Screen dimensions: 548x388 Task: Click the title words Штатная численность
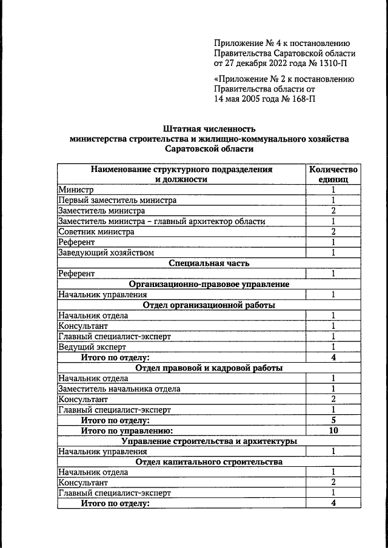tap(209, 128)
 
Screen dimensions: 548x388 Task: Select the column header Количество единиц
tap(333, 174)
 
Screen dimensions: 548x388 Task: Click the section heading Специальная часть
tap(209, 263)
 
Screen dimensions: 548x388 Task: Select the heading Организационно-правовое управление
tap(209, 284)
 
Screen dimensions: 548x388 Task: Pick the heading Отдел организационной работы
tap(209, 305)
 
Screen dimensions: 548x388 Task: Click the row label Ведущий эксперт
tap(92, 347)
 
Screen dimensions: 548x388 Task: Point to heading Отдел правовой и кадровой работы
tap(209, 368)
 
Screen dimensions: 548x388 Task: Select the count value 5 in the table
tap(333, 420)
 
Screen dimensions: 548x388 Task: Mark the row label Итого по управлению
tap(127, 431)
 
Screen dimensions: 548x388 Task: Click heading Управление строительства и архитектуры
tap(209, 441)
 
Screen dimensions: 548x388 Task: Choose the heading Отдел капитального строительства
tap(209, 461)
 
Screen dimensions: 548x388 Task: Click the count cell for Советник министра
tap(333, 231)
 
